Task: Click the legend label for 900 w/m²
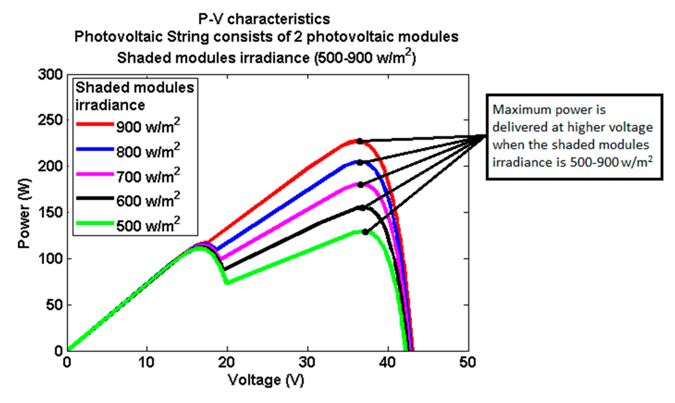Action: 148,126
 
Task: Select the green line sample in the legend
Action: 95,223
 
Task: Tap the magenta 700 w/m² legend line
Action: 95,174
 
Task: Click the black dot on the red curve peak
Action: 359,141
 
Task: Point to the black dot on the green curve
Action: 365,232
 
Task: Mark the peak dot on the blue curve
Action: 360,162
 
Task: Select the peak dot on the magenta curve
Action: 361,185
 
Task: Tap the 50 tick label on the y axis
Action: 54,305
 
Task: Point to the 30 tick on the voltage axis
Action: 308,363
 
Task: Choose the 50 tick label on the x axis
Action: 468,363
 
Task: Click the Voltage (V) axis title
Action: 266,380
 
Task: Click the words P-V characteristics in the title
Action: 264,19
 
